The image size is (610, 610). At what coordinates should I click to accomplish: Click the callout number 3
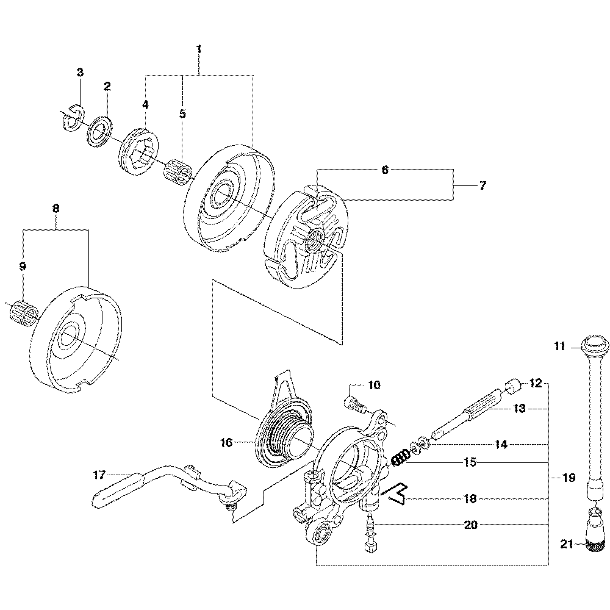[80, 73]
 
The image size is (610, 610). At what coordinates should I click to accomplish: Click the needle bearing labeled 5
[178, 170]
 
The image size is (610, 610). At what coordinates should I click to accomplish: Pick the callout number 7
[483, 186]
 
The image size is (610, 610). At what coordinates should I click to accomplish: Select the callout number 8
[56, 208]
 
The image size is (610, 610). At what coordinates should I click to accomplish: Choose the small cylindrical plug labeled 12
[513, 386]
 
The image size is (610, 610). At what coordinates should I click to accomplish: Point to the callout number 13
[519, 409]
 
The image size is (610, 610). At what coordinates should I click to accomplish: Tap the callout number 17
[100, 473]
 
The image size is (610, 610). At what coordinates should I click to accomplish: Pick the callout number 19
[569, 478]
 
